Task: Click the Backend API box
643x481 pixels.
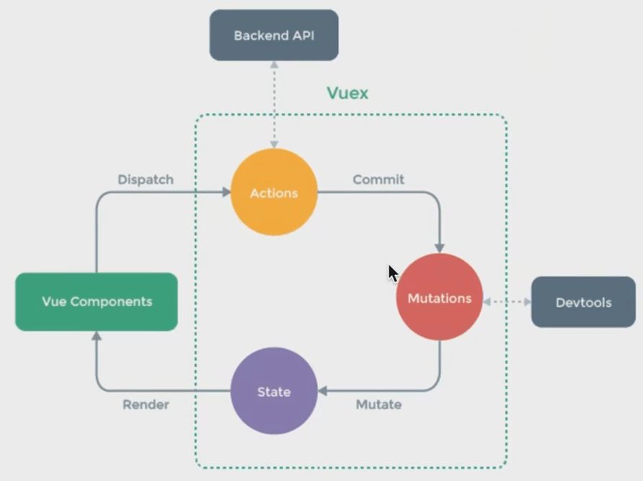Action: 274,35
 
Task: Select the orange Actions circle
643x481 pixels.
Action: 274,193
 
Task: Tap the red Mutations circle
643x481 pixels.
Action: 439,297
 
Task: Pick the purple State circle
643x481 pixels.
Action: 274,392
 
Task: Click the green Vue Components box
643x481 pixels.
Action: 97,301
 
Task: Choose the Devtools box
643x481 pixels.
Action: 583,301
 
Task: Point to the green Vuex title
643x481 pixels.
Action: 347,93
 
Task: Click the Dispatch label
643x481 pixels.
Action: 146,180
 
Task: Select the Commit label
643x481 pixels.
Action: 378,180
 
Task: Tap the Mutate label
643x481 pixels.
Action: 378,405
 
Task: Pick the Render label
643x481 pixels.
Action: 146,405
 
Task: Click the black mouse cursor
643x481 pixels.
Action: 393,273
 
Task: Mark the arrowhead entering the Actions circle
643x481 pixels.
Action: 226,193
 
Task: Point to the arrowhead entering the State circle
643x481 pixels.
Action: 323,392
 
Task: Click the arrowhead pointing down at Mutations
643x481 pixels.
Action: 440,248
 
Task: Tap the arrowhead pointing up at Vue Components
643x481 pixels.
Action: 96,336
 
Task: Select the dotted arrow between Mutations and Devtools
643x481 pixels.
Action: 507,301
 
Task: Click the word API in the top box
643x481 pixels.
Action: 301,35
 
